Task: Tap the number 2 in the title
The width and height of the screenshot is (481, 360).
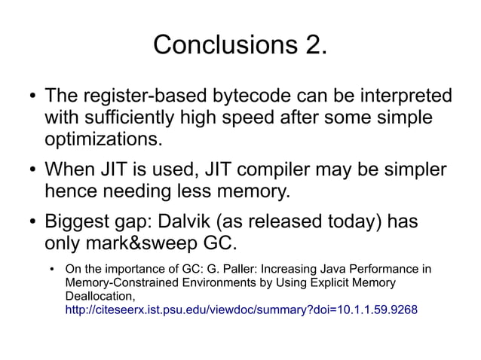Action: pyautogui.click(x=315, y=45)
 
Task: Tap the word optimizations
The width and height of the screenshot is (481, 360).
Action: pyautogui.click(x=103, y=140)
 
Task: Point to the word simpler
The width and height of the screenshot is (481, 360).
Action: pyautogui.click(x=412, y=170)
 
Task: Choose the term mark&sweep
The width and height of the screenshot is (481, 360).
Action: pyautogui.click(x=148, y=244)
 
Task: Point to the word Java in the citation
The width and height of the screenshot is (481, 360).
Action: pyautogui.click(x=328, y=269)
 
